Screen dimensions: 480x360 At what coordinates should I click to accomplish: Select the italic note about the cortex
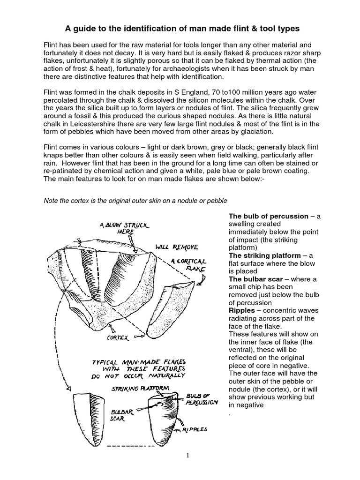click(135, 201)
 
